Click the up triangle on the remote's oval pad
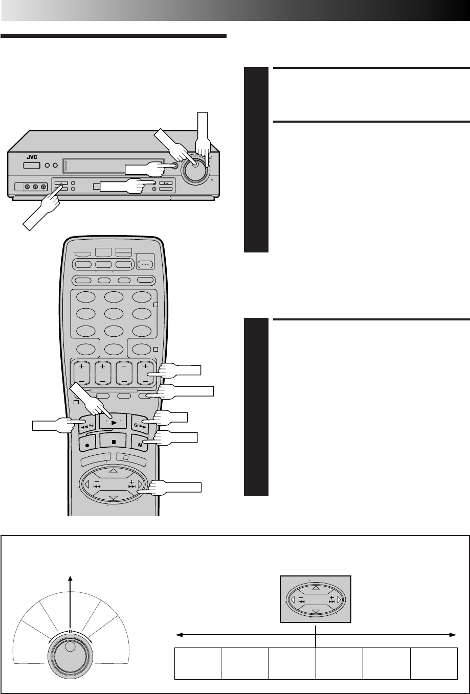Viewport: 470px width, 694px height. (113, 471)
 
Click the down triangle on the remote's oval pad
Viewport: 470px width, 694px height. (113, 497)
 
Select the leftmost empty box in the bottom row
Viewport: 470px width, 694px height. (198, 664)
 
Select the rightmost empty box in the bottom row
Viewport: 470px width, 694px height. (434, 664)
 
